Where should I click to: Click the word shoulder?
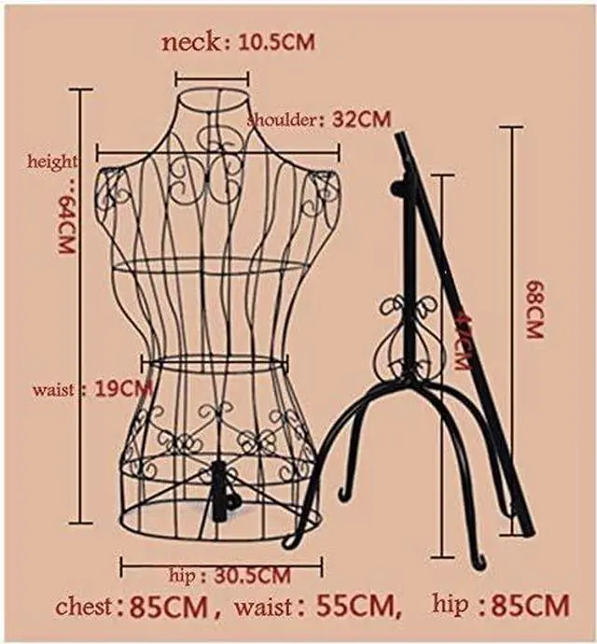(x=284, y=120)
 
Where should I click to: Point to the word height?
(x=52, y=161)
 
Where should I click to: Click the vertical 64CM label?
(x=66, y=227)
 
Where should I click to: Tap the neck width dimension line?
(x=213, y=80)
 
